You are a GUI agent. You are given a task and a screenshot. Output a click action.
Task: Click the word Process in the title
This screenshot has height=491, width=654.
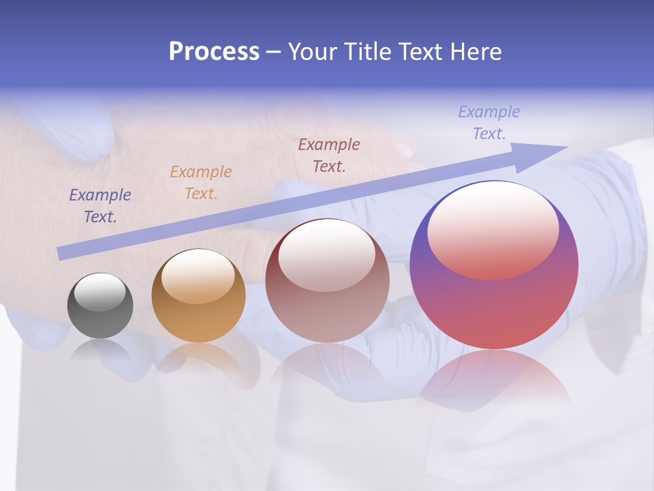pos(214,52)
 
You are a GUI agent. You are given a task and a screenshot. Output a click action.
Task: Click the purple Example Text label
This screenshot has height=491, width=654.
pos(100,206)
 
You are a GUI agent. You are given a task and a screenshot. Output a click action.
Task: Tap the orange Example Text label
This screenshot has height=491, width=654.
pos(201,183)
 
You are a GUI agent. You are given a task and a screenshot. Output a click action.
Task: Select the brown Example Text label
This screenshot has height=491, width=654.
pos(329,155)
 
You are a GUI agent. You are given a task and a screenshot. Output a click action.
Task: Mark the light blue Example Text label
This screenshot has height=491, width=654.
pos(489,123)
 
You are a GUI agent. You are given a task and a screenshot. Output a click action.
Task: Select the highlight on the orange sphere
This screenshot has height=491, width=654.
pos(198,276)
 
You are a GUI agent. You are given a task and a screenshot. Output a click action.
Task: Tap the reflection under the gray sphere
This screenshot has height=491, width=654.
pos(100,351)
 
